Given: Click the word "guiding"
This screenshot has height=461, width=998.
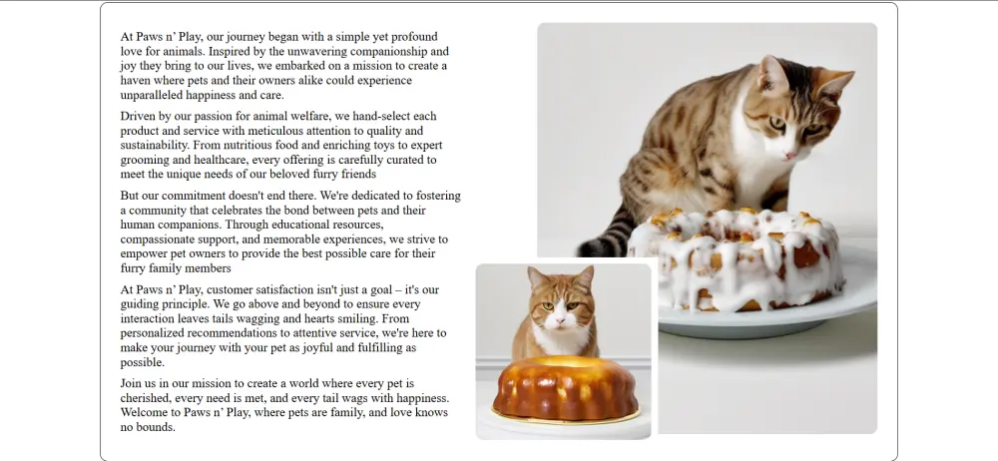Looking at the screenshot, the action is point(138,304).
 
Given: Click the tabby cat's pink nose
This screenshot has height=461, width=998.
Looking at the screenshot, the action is point(790,155).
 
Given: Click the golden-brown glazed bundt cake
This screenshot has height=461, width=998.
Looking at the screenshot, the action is point(565,388).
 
